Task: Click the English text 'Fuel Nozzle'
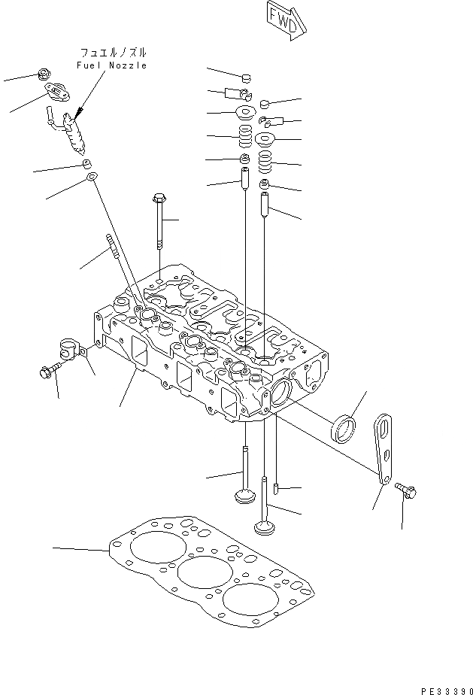click(x=112, y=66)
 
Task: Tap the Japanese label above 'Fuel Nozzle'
click(x=114, y=53)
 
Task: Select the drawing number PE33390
click(x=444, y=687)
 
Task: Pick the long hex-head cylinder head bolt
click(x=159, y=222)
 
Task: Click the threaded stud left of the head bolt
click(x=113, y=247)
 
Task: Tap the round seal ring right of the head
click(x=345, y=430)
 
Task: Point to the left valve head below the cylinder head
click(x=244, y=497)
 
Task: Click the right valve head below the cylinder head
click(x=265, y=525)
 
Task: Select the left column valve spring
click(x=244, y=137)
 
